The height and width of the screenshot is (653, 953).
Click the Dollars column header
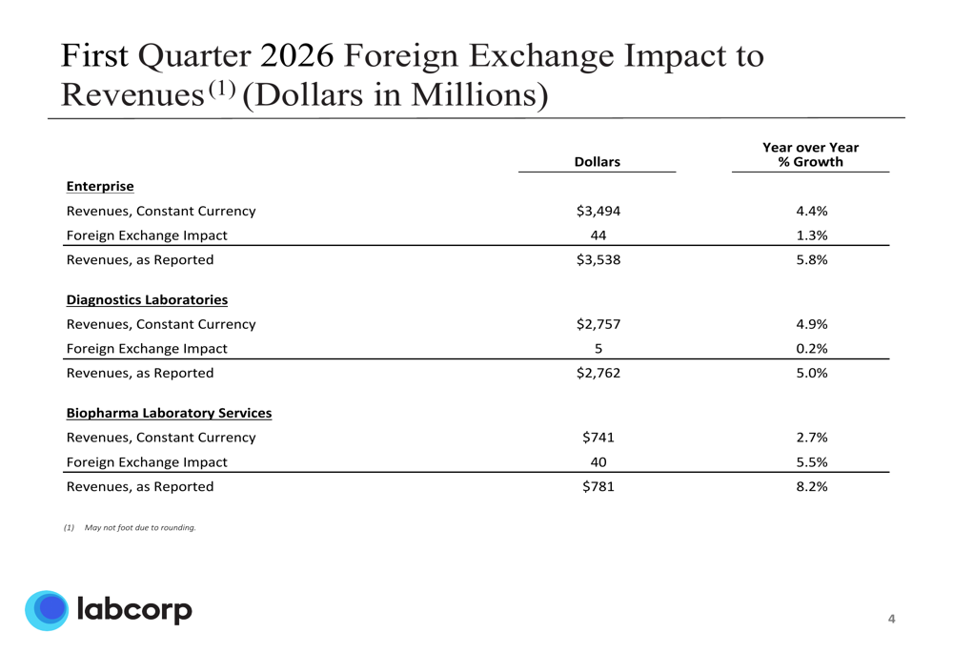pos(598,162)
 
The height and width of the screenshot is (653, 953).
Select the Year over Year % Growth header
pos(810,154)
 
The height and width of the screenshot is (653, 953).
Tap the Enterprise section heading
pos(100,186)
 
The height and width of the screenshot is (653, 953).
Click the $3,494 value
pos(598,211)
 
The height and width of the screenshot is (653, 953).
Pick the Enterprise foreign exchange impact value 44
pos(598,235)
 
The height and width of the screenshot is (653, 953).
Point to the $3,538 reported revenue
pos(598,259)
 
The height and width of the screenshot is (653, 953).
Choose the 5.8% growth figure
pos(811,259)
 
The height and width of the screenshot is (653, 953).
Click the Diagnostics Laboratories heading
pos(147,299)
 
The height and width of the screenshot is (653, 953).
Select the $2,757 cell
pos(598,324)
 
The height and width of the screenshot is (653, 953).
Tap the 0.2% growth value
pos(811,349)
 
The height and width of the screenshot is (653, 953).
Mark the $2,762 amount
pos(598,373)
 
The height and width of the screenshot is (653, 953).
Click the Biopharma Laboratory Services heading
pos(169,413)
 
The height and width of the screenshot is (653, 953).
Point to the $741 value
pos(598,438)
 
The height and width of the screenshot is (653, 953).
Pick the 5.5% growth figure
pos(811,462)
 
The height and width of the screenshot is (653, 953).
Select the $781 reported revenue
pos(598,486)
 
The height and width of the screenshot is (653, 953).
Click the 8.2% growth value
pos(811,486)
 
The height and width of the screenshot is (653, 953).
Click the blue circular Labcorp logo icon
pos(47,610)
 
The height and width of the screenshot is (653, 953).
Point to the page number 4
pos(892,620)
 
